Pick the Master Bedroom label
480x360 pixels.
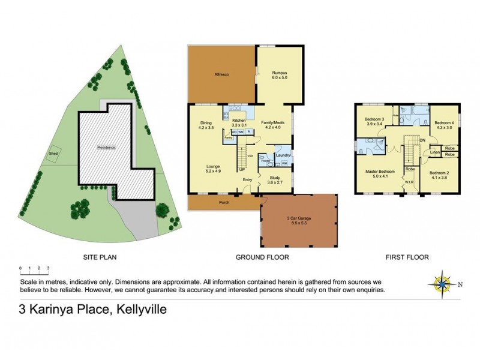[x=379, y=172]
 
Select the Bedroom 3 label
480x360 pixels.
[x=374, y=119]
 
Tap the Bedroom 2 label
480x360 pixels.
[x=440, y=173]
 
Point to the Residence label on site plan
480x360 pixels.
[x=106, y=147]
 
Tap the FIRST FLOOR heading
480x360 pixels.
[x=407, y=257]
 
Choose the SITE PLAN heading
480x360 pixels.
[x=99, y=257]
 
